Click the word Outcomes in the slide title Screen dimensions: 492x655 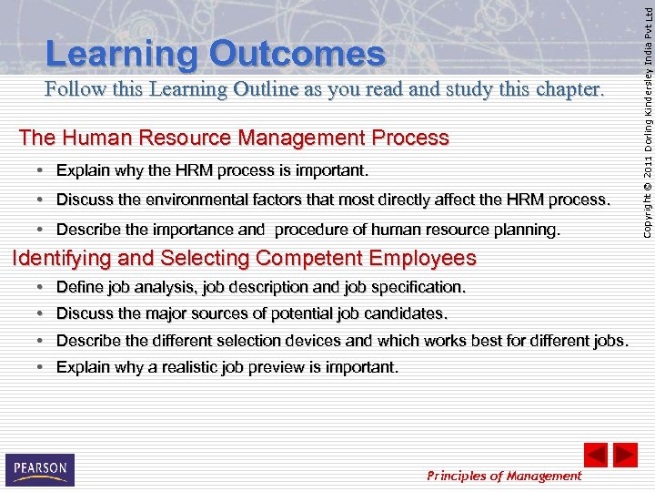pos(297,55)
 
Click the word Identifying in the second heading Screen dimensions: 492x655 pos(61,258)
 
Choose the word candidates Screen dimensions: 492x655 pos(403,313)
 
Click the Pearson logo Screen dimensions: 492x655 pos(40,469)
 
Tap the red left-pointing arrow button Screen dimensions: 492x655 pos(596,455)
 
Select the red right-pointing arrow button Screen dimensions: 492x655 pos(625,455)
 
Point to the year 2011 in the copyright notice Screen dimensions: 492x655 pos(647,159)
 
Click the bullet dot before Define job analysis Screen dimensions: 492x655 pos(41,287)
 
